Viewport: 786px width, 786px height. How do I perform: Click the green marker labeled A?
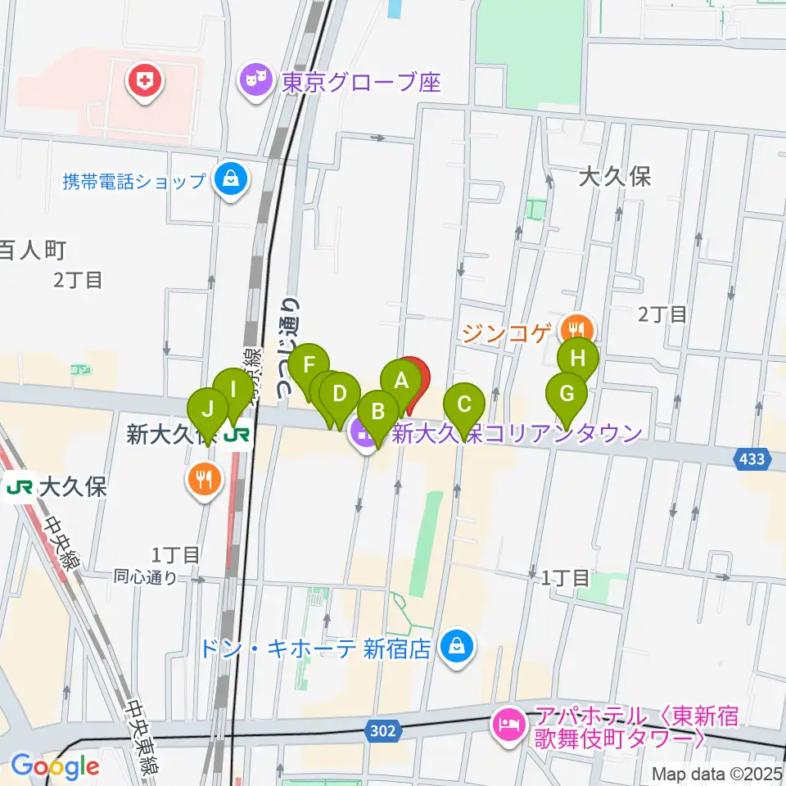(401, 381)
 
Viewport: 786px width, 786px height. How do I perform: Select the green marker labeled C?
(464, 404)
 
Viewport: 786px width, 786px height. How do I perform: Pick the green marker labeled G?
(567, 392)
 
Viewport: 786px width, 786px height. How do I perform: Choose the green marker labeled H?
(578, 358)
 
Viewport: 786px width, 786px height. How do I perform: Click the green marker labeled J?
(208, 408)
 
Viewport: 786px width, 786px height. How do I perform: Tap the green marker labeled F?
(309, 364)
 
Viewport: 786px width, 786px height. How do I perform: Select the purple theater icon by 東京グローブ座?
(255, 81)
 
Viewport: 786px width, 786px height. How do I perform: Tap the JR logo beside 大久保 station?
(19, 489)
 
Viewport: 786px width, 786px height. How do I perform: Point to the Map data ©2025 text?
(716, 773)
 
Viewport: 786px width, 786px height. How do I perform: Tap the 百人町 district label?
(31, 250)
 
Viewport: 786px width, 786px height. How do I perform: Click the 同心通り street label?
(147, 577)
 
